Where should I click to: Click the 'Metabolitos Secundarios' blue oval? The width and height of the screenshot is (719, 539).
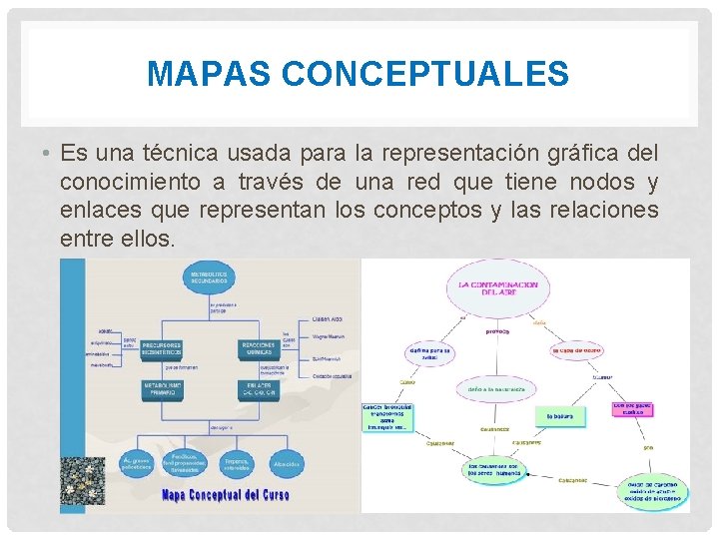(210, 278)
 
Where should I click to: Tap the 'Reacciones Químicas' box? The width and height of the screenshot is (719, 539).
(258, 348)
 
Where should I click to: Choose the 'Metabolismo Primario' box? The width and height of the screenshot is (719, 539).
(162, 389)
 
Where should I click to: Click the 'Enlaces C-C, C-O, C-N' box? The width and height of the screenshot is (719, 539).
(258, 389)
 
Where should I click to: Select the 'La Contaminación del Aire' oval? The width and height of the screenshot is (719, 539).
(497, 288)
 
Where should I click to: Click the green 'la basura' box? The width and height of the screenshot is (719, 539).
(559, 415)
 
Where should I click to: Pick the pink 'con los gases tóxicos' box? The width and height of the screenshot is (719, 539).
(633, 410)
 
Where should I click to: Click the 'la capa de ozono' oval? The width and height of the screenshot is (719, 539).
(577, 350)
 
